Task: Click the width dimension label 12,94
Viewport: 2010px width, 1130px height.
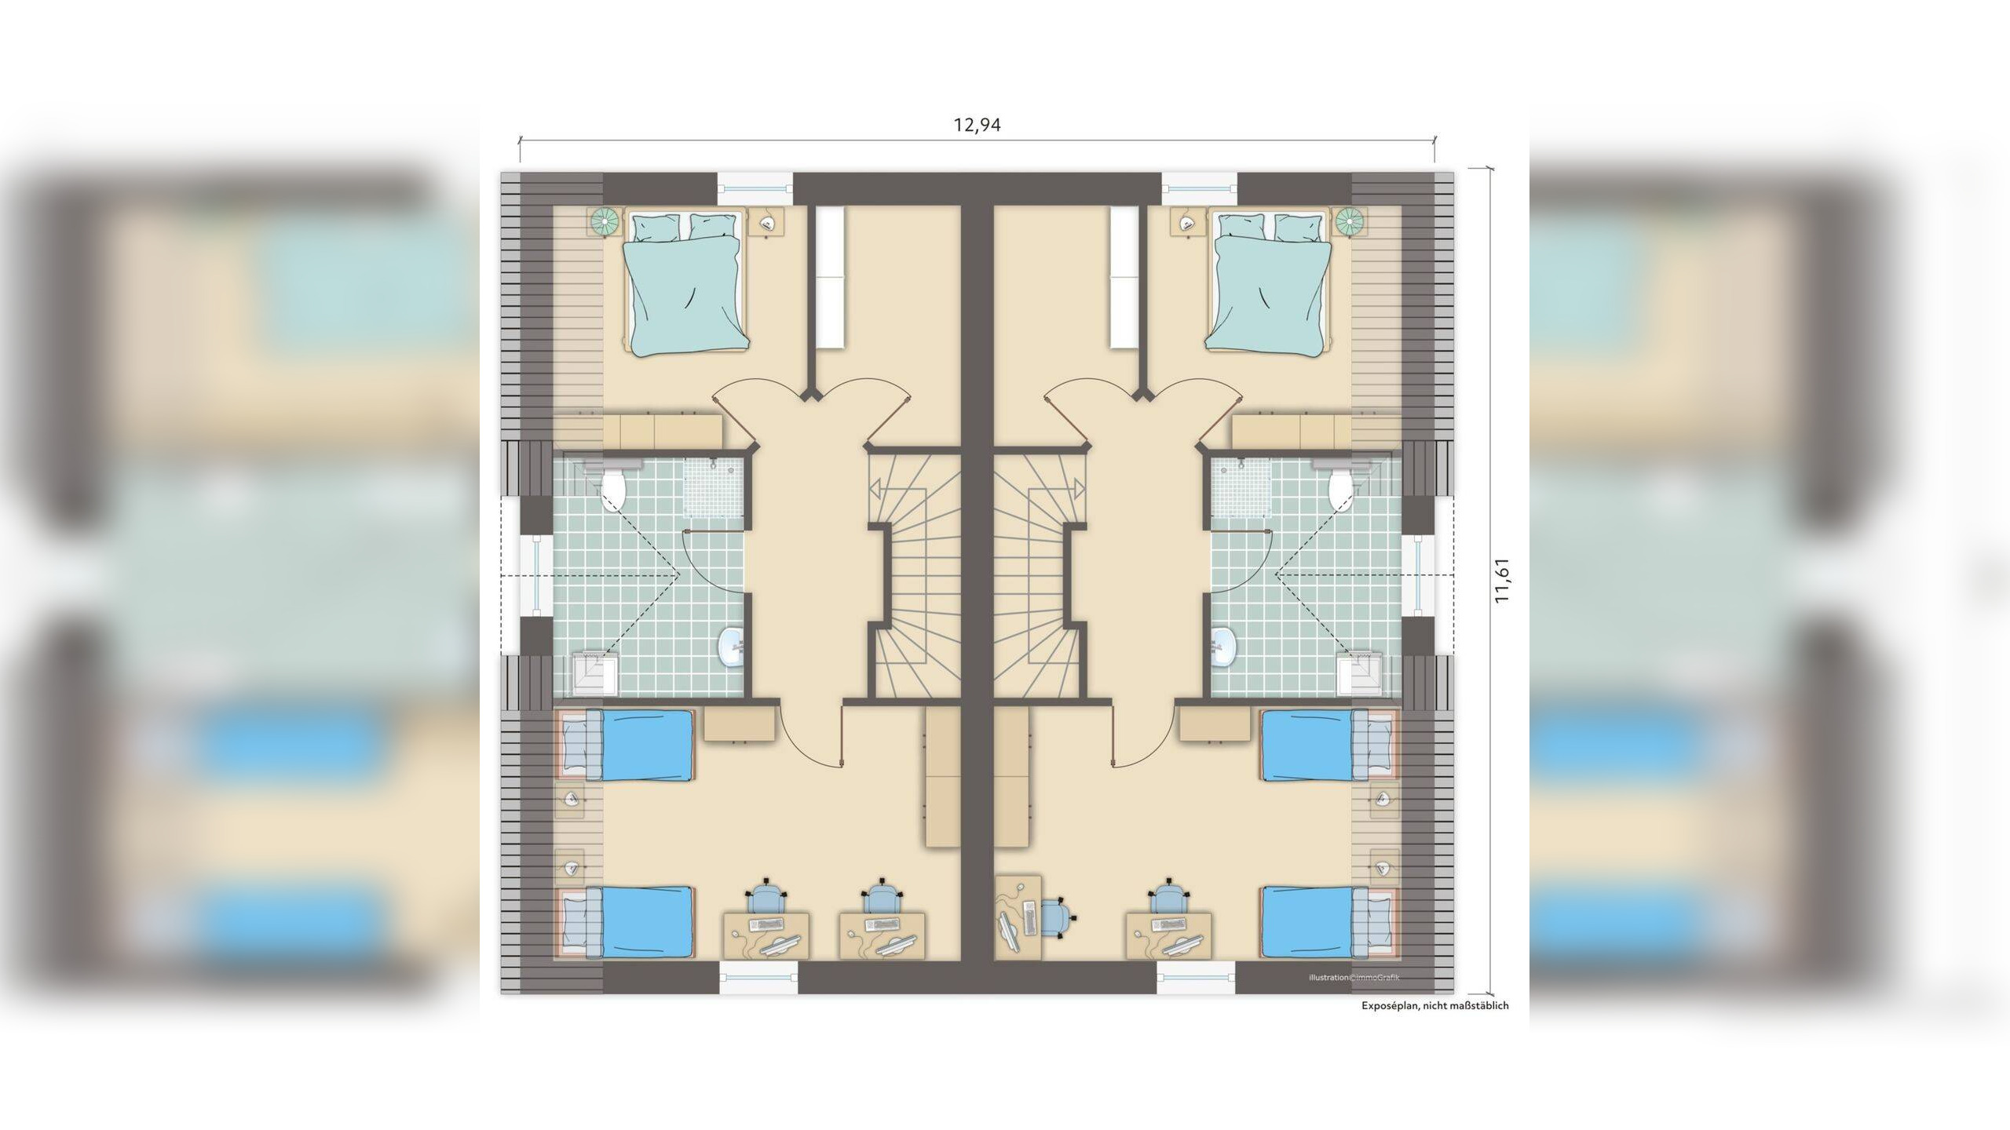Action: [977, 125]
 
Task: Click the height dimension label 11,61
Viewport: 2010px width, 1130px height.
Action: [1502, 581]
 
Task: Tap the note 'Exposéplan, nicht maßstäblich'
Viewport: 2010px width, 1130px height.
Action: [1435, 1005]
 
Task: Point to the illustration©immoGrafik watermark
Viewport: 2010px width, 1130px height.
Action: [1354, 978]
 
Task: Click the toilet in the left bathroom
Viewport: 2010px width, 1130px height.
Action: [613, 488]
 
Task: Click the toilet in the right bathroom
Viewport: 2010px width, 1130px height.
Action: [1341, 488]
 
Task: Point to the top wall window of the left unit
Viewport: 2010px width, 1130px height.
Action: [755, 188]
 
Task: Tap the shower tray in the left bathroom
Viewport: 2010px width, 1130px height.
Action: [712, 488]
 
